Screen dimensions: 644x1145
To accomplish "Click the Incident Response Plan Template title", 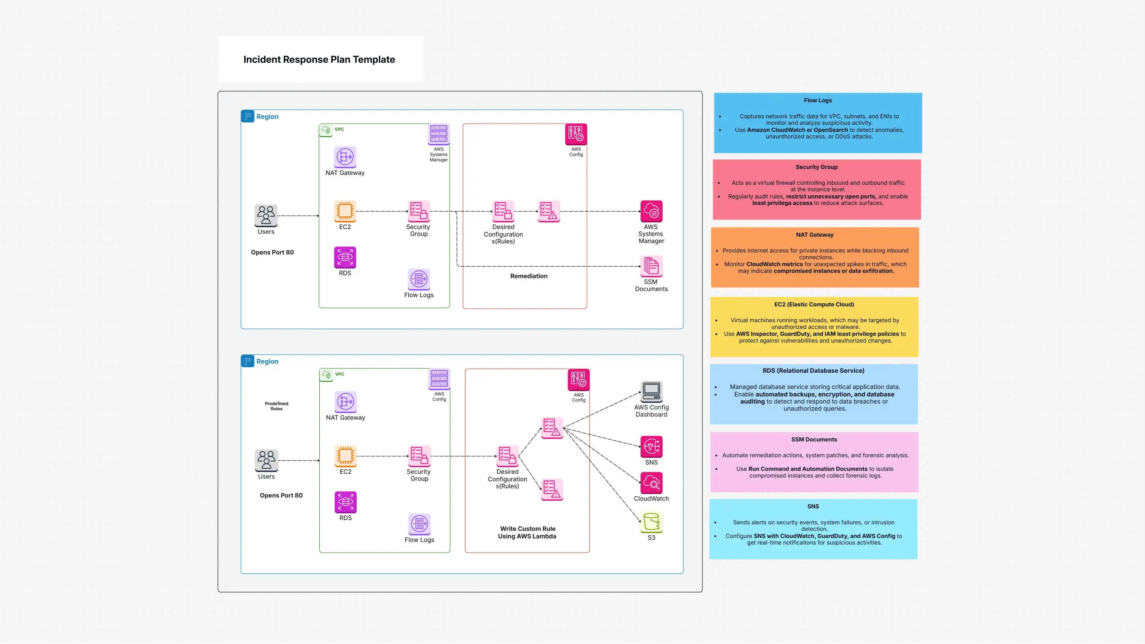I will [x=319, y=60].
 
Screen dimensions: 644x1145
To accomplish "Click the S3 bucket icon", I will [x=651, y=522].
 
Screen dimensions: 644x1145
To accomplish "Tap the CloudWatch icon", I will [x=651, y=483].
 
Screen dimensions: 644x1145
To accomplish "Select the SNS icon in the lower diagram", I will [x=651, y=447].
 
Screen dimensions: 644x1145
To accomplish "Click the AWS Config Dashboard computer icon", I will [x=651, y=391].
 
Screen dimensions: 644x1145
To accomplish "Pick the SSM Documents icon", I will [x=651, y=266].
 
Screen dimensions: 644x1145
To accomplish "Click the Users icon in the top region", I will [x=266, y=215].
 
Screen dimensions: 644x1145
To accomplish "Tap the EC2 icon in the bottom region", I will [x=345, y=456].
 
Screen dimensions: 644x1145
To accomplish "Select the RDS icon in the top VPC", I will [x=345, y=257].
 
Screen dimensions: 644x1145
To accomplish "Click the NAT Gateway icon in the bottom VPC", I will [x=345, y=402].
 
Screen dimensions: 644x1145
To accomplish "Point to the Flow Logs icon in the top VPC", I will [x=419, y=279].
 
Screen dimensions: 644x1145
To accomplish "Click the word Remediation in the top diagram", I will [x=528, y=276].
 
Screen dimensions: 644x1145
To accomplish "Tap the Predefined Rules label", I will [x=276, y=406].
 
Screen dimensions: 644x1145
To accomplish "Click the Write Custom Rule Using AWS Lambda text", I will [x=527, y=532].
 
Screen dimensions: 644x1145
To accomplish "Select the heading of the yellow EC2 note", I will [x=814, y=305].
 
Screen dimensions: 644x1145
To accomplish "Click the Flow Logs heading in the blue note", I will [x=817, y=101].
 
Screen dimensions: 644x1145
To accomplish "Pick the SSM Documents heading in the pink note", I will [x=814, y=439].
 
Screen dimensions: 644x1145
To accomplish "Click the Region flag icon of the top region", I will [x=247, y=116].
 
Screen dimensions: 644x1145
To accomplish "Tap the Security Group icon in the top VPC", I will [x=419, y=211].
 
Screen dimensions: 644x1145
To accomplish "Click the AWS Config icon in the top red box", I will [x=575, y=134].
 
